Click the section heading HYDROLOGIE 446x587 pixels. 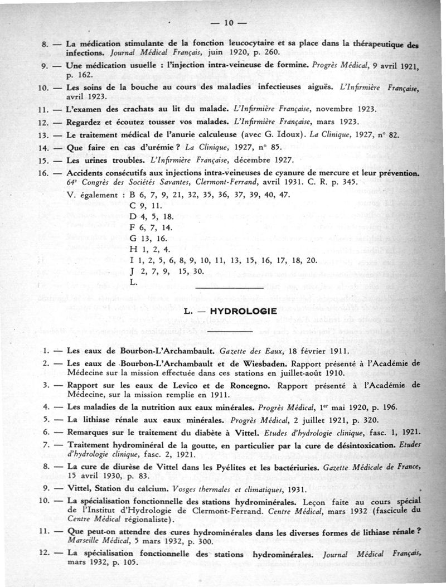click(x=241, y=312)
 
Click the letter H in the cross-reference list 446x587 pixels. click(x=132, y=250)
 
